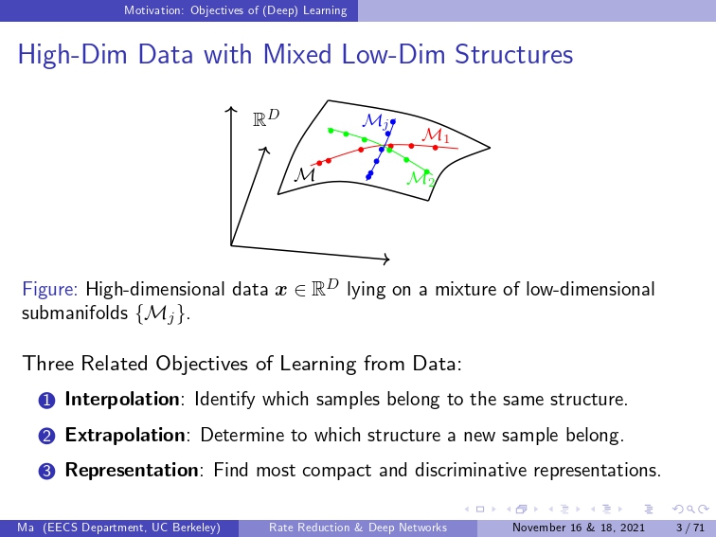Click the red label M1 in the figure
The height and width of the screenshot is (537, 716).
[x=436, y=135]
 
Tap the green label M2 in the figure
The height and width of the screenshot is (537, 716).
[x=421, y=178]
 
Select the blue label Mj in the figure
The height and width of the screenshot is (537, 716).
[x=376, y=121]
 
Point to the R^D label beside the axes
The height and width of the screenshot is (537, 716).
[x=266, y=117]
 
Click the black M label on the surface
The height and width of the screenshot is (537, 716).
[x=304, y=175]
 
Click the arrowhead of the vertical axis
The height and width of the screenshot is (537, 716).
[x=231, y=109]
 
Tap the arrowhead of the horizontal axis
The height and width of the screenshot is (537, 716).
[x=386, y=260]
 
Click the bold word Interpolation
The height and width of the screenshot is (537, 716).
[x=122, y=400]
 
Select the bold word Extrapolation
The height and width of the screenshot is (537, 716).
[x=125, y=435]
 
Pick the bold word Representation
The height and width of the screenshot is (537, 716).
[x=132, y=471]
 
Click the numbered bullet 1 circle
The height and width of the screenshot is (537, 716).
[x=46, y=401]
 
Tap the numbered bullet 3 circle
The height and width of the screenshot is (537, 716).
[x=46, y=472]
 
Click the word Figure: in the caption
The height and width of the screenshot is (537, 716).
[x=50, y=290]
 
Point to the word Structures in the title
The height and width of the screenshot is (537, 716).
[x=513, y=54]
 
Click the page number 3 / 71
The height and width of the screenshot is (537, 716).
[x=690, y=528]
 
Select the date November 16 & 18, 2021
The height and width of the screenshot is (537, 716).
[x=578, y=528]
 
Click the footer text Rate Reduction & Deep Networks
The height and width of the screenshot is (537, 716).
[x=358, y=528]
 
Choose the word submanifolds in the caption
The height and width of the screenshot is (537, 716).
[x=75, y=313]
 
